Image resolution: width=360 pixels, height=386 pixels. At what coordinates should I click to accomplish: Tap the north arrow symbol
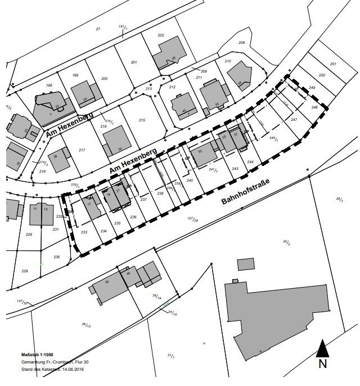coord(322,348)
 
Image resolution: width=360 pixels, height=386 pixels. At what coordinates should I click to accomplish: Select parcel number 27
coord(98,29)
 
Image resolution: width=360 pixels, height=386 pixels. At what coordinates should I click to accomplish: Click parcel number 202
coord(161,35)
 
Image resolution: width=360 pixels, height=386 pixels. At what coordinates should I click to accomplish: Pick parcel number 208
coord(242,43)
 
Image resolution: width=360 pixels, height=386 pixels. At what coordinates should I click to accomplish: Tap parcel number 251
coord(333,64)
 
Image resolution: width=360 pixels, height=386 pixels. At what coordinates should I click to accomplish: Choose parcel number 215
coord(142,120)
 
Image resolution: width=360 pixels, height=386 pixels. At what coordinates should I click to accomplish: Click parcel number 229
coord(25,271)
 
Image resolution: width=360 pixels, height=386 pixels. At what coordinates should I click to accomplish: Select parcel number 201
coord(134,62)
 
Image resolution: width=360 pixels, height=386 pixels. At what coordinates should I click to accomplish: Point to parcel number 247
coord(294,120)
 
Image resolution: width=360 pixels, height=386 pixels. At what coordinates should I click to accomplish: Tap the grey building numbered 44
coord(238,75)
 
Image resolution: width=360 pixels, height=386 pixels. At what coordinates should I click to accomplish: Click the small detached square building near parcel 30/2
coord(245,264)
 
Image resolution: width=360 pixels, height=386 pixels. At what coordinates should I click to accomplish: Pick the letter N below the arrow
coord(323,364)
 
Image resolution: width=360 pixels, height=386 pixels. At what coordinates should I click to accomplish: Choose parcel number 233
coord(84,232)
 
